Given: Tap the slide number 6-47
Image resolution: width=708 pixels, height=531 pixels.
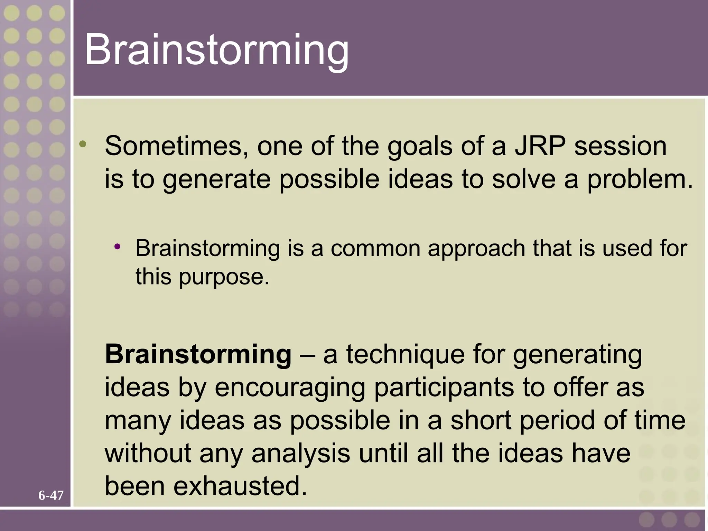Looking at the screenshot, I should (x=51, y=496).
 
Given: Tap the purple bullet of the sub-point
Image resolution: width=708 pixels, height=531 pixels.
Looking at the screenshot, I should (x=118, y=246).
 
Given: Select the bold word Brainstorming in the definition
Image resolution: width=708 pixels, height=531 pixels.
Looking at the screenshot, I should (x=198, y=355).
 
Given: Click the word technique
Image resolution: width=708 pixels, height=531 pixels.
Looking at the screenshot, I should (x=406, y=355).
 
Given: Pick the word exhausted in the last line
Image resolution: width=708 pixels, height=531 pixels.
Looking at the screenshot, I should (x=240, y=486).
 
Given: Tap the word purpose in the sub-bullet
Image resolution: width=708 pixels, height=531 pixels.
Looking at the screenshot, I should (x=224, y=277).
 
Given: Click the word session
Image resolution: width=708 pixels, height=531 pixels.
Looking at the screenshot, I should (x=621, y=146).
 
